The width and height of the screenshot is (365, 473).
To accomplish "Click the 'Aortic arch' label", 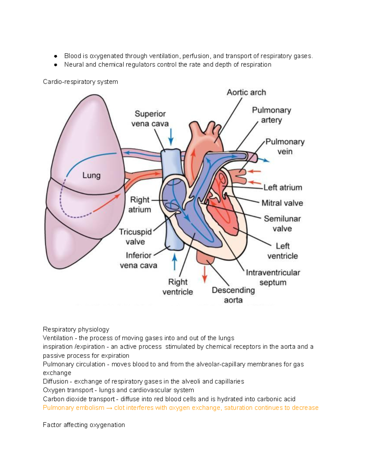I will pos(246,92).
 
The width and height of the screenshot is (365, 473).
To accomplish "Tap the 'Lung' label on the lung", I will pos(91,175).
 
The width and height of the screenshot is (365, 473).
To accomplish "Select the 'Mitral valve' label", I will pos(282,203).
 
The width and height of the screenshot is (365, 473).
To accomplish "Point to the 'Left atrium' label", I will pos(283,188).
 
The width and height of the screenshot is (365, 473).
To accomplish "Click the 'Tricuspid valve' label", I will pos(135,237).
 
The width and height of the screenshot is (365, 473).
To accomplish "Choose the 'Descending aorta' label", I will pos(233,295).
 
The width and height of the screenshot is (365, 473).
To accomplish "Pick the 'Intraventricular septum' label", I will pos(273,277).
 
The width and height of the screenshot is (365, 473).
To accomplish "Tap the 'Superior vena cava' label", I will pos(150,118).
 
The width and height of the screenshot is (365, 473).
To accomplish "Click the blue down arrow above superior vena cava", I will pos(171,137).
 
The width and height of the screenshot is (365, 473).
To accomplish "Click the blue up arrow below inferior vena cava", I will pos(175,262).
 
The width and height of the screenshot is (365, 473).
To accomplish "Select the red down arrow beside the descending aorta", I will pos(205,274).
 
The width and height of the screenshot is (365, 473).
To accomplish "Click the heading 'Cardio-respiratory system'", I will pos(80,82).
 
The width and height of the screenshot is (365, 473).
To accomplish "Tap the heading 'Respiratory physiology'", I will pos(76,329).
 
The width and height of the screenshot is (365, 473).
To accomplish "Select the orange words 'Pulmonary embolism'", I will pos(73,408).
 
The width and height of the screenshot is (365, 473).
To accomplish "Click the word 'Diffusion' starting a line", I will pos(55,381).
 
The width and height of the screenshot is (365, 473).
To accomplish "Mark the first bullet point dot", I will pos(55,56).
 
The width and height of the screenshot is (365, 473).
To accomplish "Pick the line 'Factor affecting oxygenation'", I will pos(84,425).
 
